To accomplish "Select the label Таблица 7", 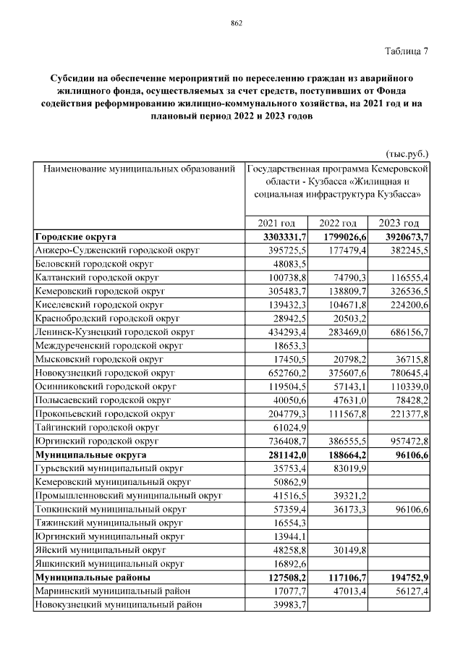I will [404, 51].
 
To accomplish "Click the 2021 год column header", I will [276, 224].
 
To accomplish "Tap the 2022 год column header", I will [338, 224].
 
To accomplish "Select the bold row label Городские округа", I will [76, 237].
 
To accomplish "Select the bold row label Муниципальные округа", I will [90, 455].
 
